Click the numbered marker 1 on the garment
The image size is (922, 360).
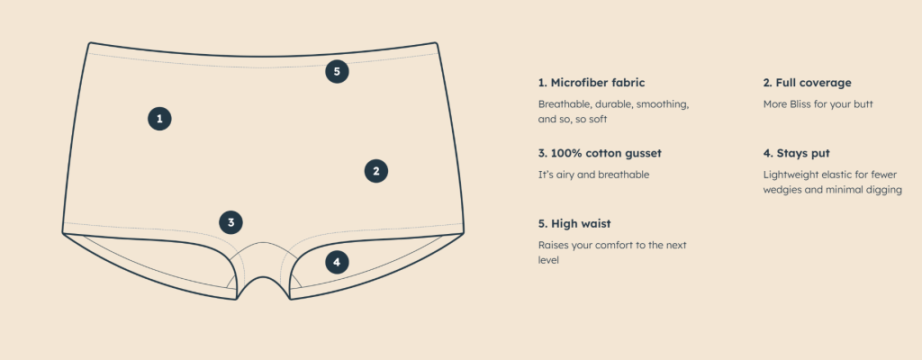(x=159, y=119)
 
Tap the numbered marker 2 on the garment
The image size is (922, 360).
(x=376, y=171)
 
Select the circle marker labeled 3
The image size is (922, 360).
(x=231, y=222)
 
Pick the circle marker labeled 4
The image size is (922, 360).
(x=337, y=262)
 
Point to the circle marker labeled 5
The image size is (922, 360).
(x=337, y=72)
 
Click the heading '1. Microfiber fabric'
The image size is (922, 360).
(x=592, y=83)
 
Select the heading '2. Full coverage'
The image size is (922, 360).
(x=808, y=83)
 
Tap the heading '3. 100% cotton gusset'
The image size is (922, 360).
(x=600, y=154)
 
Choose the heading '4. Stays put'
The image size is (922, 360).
(x=797, y=154)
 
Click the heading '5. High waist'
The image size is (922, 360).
(x=574, y=224)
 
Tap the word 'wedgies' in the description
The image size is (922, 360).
(x=782, y=190)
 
